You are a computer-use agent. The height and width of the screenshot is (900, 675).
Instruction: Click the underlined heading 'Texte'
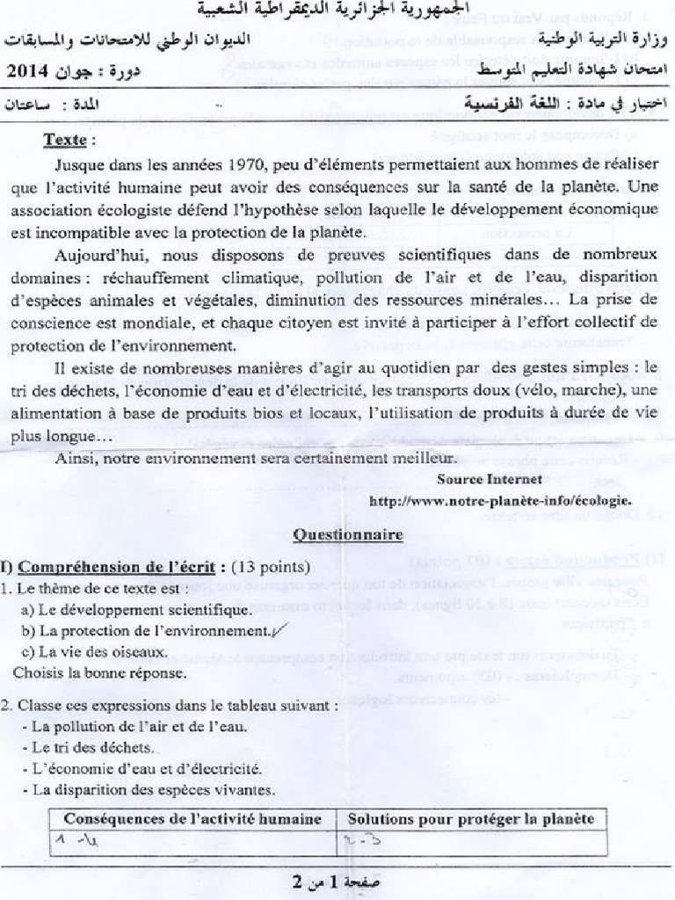click(67, 140)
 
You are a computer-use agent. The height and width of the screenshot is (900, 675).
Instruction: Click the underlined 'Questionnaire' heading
click(348, 533)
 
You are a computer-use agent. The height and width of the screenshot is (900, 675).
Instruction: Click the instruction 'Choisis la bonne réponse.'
click(99, 673)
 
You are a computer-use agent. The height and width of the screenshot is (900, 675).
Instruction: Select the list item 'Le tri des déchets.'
click(93, 748)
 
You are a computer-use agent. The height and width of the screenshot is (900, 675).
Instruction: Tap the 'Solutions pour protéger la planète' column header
click(471, 819)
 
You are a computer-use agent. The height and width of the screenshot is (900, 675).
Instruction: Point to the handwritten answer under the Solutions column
click(360, 843)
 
